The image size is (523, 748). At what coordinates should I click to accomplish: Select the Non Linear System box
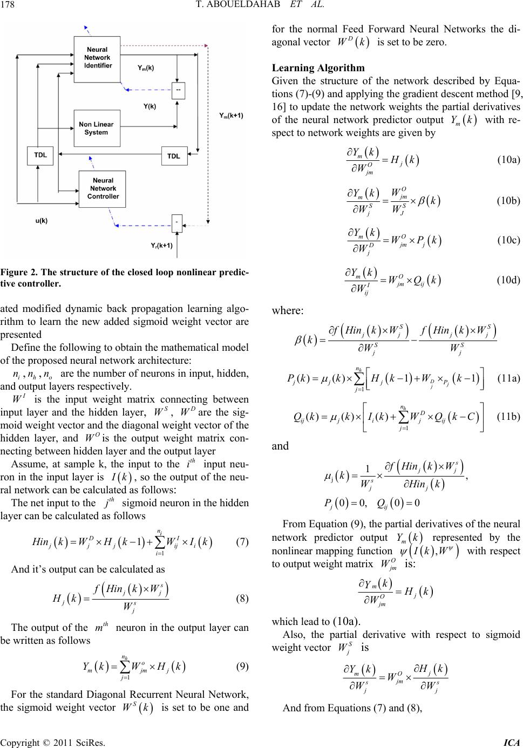click(x=96, y=128)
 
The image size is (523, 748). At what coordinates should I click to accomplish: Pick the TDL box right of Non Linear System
click(x=173, y=156)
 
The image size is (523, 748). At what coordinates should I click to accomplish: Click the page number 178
click(x=11, y=6)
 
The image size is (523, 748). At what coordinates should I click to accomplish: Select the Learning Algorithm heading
click(x=318, y=68)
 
